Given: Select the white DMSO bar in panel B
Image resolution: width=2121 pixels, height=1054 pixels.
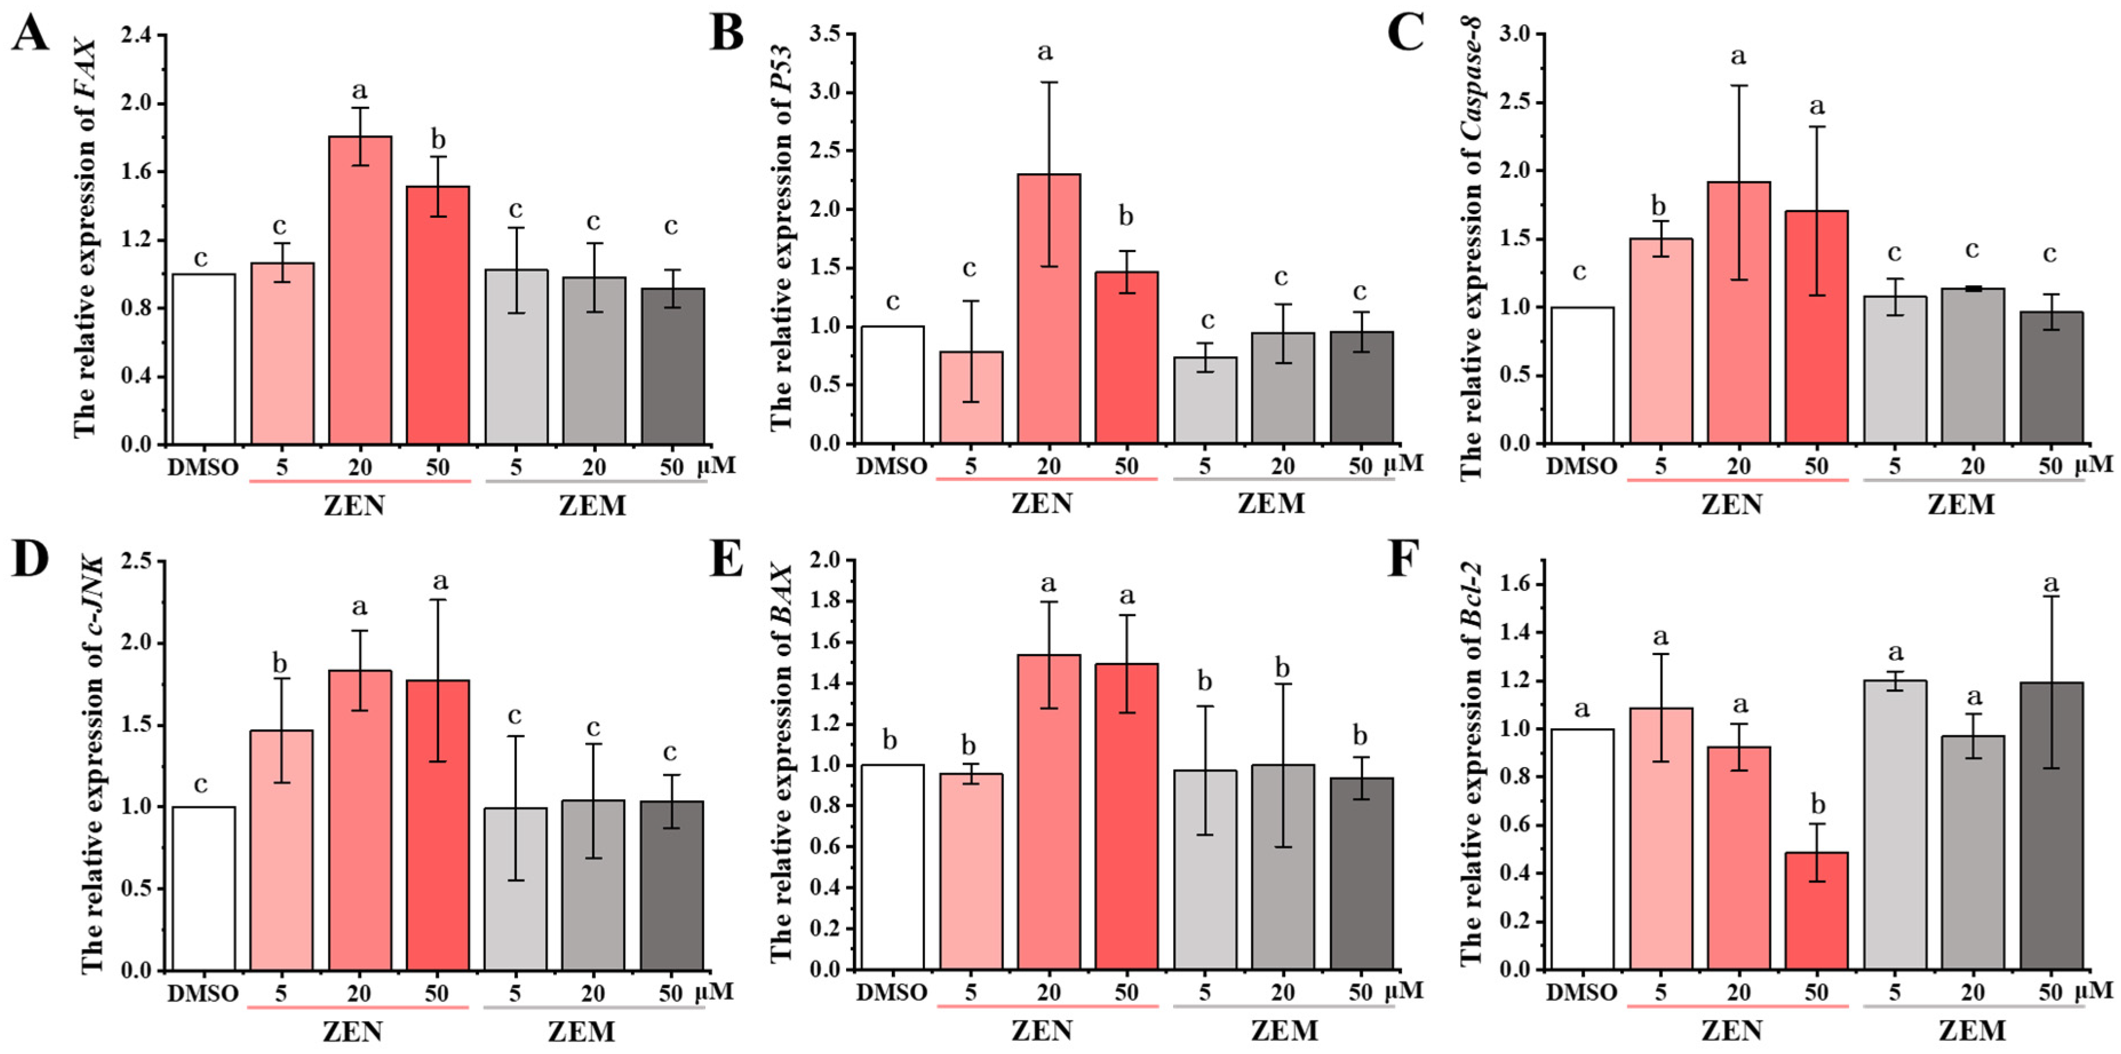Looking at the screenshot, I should point(892,385).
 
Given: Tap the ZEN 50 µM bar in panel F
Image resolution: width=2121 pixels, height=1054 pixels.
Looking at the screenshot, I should point(1816,911).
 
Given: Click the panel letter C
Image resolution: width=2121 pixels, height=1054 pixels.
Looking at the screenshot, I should point(1405,34).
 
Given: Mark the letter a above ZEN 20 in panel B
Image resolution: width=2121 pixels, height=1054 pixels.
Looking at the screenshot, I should point(1046,53).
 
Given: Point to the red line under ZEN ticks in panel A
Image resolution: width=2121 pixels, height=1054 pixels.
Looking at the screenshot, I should point(359,481).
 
